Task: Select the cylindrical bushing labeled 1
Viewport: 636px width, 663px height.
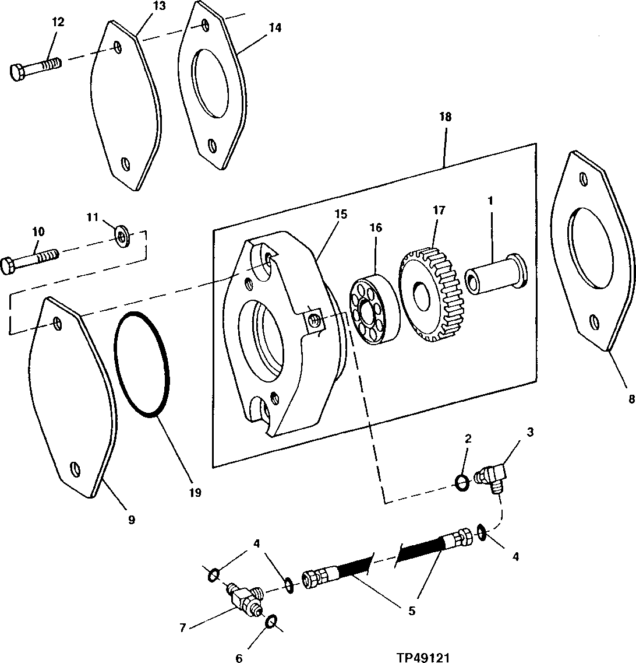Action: click(x=495, y=271)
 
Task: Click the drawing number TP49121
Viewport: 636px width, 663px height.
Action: click(x=423, y=657)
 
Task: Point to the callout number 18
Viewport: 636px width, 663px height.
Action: click(x=445, y=117)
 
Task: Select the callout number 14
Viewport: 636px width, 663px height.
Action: click(x=275, y=27)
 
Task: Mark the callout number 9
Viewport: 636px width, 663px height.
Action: click(x=132, y=520)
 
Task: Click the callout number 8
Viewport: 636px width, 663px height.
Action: click(x=626, y=400)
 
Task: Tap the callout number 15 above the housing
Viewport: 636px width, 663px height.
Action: click(x=341, y=214)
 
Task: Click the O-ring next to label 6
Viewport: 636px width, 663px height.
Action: click(x=271, y=623)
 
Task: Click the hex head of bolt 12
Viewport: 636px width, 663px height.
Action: click(x=17, y=72)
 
